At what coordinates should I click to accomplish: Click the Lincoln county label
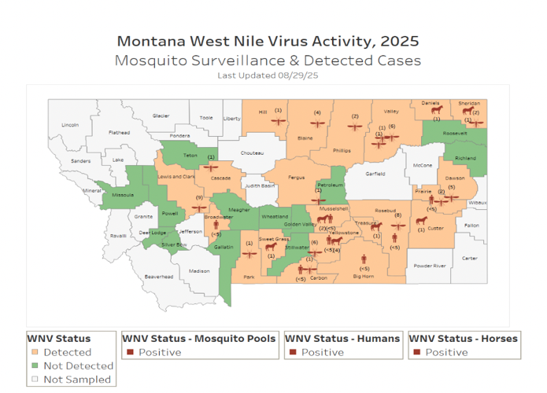[x=70, y=125]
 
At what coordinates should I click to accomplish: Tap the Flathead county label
[x=119, y=133]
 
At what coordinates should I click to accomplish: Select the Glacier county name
[x=161, y=116]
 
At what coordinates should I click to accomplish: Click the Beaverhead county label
[x=159, y=277]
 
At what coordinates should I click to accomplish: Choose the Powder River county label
[x=430, y=266]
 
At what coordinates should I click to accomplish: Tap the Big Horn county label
[x=364, y=277]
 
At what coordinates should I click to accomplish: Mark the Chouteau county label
[x=252, y=153]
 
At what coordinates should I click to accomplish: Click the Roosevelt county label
[x=455, y=134]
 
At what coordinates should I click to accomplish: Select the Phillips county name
[x=342, y=150]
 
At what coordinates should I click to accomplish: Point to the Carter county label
[x=470, y=258]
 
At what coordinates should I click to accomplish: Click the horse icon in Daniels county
[x=436, y=110]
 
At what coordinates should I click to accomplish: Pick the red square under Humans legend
[x=293, y=352]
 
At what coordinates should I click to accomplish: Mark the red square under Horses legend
[x=416, y=352]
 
